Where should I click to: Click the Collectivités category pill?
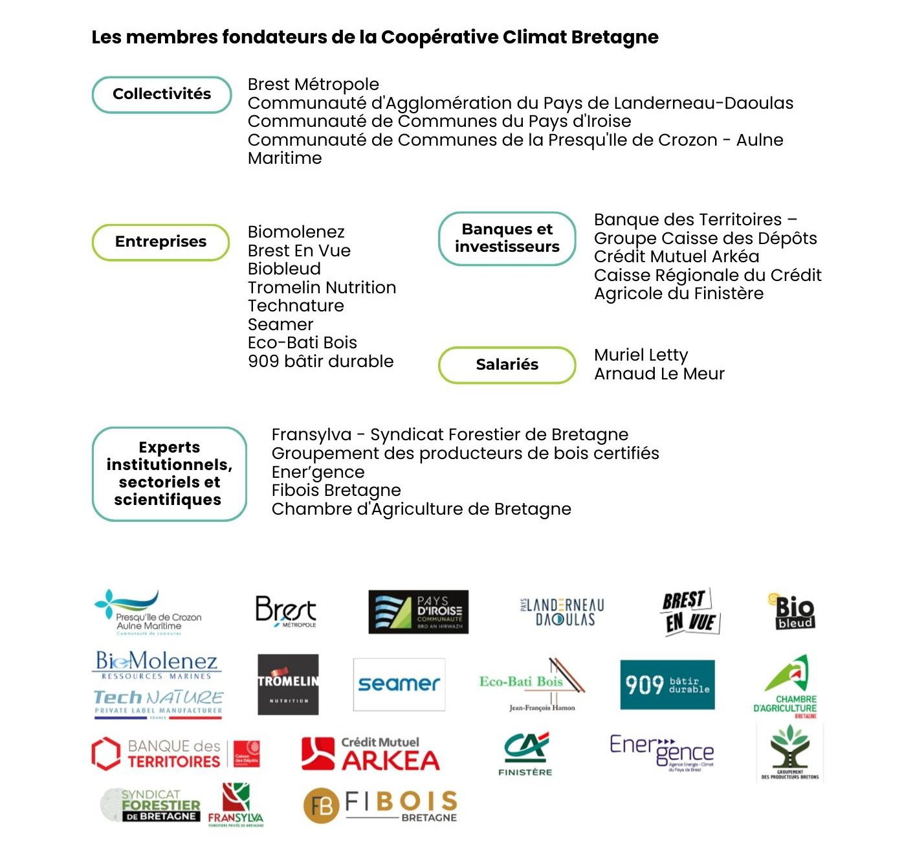click(162, 95)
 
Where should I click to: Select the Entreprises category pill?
click(160, 242)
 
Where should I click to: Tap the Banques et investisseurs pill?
click(507, 238)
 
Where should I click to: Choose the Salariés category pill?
click(507, 364)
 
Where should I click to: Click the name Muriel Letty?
click(641, 355)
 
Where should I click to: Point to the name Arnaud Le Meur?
click(659, 374)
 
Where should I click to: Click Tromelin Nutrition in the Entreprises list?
click(322, 287)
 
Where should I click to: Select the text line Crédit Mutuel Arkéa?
click(676, 256)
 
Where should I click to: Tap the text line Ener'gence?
click(318, 472)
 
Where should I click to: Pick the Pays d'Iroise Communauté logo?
click(418, 611)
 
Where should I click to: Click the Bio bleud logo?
click(793, 611)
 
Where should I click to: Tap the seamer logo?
click(399, 684)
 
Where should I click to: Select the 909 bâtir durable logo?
click(667, 684)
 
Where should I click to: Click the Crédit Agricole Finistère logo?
click(525, 753)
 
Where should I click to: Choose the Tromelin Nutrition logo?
click(288, 684)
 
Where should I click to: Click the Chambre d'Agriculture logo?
click(786, 686)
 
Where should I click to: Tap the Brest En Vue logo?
click(690, 612)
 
